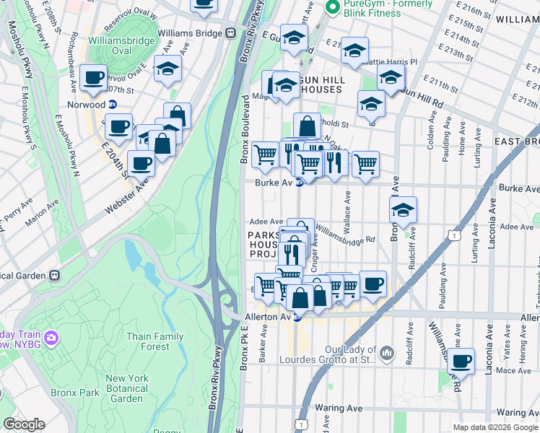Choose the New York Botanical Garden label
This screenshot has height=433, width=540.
(x=127, y=388)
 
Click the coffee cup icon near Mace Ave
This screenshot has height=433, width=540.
(x=461, y=361)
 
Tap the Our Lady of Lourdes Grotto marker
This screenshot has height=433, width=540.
(x=388, y=353)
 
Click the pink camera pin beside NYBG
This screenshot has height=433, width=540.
(x=51, y=337)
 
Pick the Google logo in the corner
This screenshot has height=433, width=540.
(x=24, y=424)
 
